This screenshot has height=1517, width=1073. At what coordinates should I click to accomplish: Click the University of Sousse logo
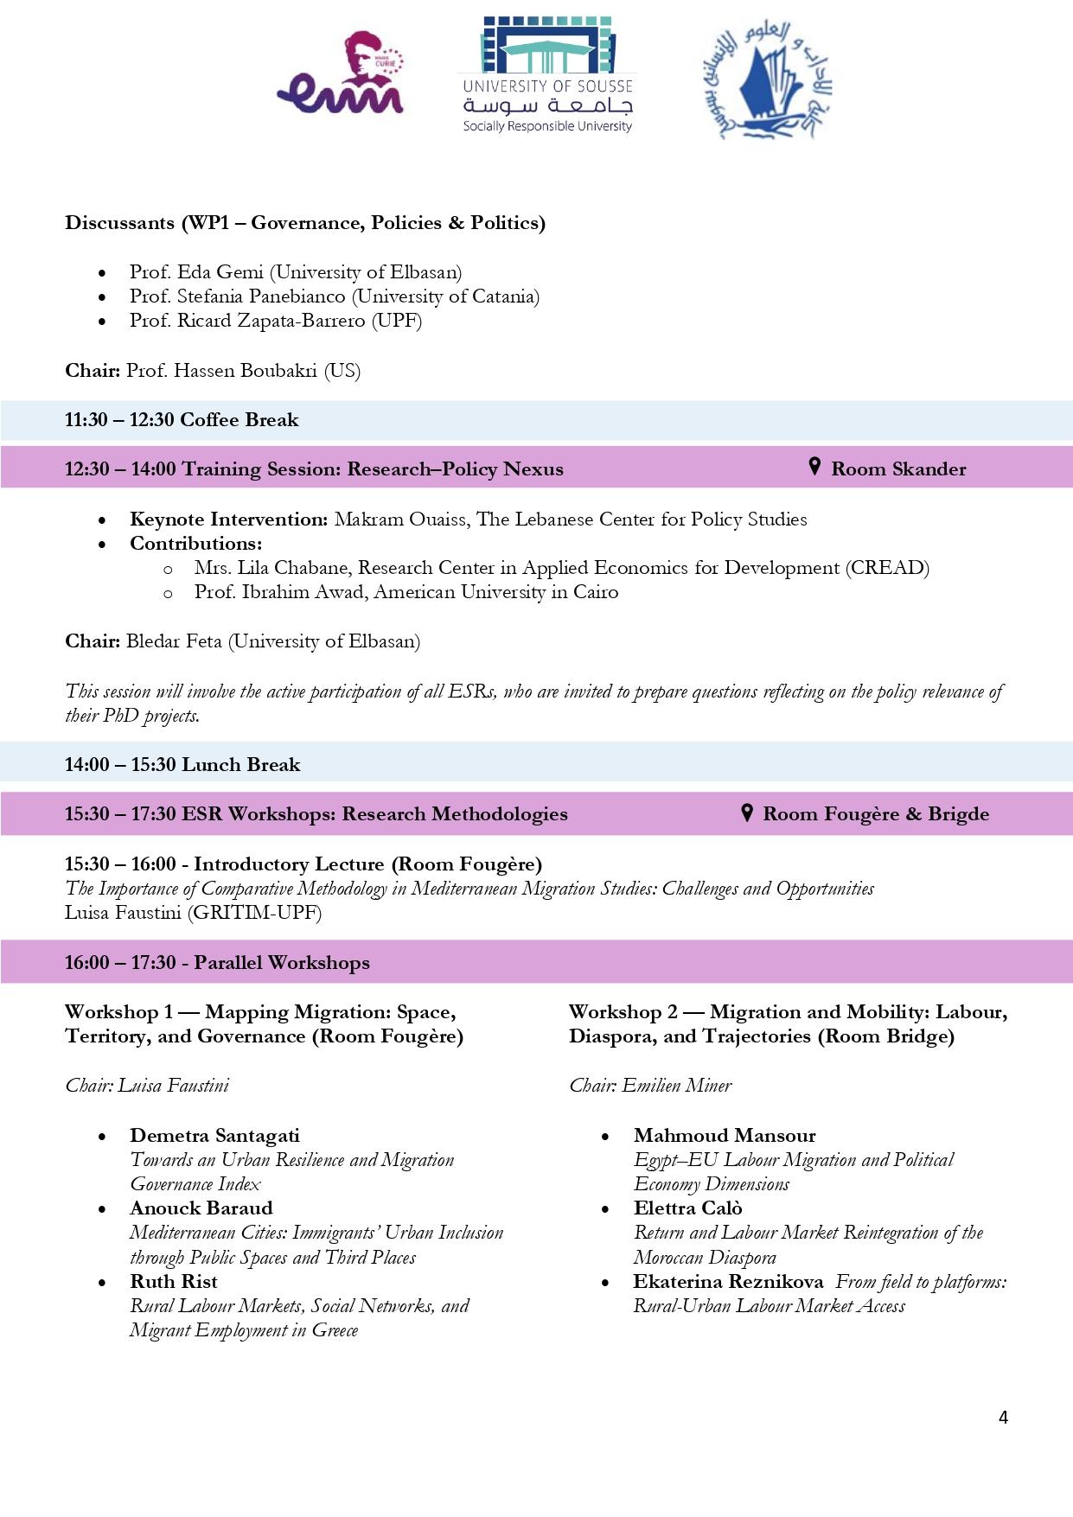coord(547,75)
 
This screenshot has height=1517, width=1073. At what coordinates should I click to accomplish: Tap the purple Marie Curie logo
coord(341,74)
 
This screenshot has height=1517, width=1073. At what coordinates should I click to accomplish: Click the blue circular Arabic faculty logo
coord(767,80)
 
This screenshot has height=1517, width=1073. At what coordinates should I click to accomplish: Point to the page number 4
coord(1003,1418)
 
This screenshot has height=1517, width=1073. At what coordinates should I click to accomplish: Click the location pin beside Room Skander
coord(814,467)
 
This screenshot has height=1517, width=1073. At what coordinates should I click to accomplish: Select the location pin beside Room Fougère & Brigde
coord(747,813)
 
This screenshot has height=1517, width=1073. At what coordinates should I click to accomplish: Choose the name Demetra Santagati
coord(214,1136)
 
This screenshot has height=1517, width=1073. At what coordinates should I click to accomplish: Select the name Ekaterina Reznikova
coord(728,1282)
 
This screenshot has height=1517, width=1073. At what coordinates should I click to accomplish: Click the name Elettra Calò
coord(687,1208)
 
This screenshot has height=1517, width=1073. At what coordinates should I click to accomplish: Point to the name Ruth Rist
coord(173,1282)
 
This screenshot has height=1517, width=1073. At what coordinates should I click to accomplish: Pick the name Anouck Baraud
coord(201,1208)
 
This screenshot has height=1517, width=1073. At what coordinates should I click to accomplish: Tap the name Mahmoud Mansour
coord(725,1136)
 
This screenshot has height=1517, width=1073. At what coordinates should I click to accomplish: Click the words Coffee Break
coord(239,420)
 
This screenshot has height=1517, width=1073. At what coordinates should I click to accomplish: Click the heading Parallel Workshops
coord(281,963)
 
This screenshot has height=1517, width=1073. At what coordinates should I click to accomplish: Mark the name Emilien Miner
coord(676,1086)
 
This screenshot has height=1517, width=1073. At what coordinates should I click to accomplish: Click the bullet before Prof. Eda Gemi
coord(103,273)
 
